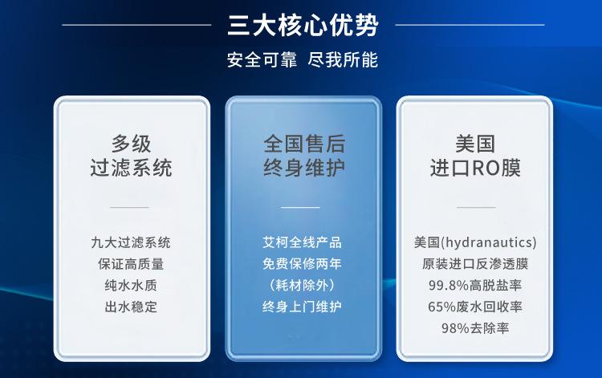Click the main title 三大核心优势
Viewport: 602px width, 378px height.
coord(303,24)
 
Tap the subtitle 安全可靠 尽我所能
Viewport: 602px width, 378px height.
coord(303,60)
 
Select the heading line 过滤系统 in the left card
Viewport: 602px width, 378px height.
coord(131,168)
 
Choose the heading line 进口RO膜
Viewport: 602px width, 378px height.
coord(476,168)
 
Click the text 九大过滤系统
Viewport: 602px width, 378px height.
coord(131,242)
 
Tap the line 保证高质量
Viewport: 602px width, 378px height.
coord(131,263)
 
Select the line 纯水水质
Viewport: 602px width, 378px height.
coord(131,285)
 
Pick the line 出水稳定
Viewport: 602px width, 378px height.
coord(131,307)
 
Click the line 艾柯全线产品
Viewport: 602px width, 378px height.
coord(302,242)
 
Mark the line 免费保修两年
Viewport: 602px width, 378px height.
coord(302,263)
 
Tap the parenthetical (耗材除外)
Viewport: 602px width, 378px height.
coord(302,285)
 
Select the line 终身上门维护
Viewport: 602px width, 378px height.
coord(302,307)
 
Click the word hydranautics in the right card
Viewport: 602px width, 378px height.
coord(489,242)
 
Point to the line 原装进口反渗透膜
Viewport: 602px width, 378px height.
coord(475,263)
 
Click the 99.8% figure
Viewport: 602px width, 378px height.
coord(446,285)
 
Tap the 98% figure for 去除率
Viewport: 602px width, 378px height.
coord(455,327)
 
